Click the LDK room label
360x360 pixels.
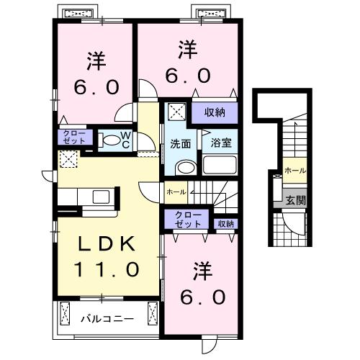coord(107,243)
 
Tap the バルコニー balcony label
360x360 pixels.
coord(107,319)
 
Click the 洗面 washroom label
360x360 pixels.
coord(181,144)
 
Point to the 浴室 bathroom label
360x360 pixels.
coord(221,143)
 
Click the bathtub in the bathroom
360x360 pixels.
coord(220,165)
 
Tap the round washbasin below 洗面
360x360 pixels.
coord(186,167)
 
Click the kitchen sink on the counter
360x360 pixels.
coord(102,197)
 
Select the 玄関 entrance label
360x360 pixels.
coord(296,200)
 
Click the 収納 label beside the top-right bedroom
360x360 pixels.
coord(215,112)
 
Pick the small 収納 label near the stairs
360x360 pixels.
coord(226,224)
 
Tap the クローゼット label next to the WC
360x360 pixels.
coord(74,137)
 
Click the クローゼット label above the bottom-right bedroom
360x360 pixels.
coord(188,220)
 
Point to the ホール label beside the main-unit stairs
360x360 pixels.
coord(176,192)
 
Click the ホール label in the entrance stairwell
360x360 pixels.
coord(295,171)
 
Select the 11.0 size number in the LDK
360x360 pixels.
coord(107,269)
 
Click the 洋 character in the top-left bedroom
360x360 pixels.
coord(96,61)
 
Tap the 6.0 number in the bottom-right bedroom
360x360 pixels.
coord(203,297)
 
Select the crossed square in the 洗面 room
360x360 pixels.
coord(177,112)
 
